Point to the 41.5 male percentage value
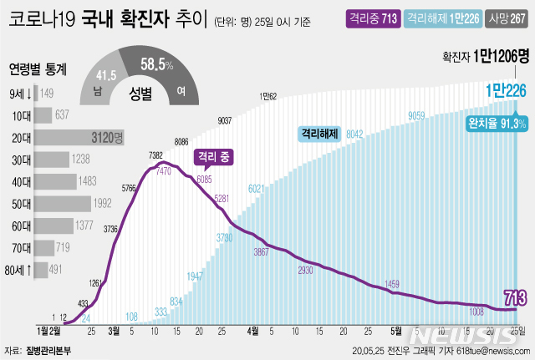[104, 74]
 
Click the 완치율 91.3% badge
[496, 123]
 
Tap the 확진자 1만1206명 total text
[487, 57]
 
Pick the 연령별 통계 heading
[39, 69]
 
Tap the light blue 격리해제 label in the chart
[320, 132]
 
